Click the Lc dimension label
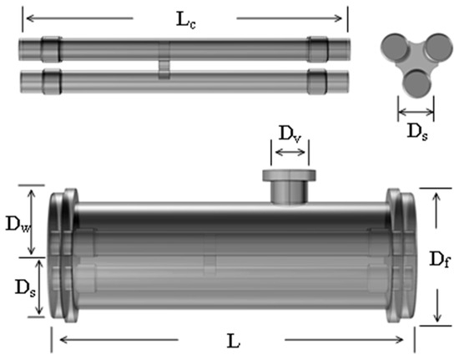pyautogui.click(x=185, y=20)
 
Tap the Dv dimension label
pyautogui.click(x=290, y=134)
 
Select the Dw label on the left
pyautogui.click(x=18, y=225)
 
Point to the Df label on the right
pyautogui.click(x=439, y=259)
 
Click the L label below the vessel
pyautogui.click(x=234, y=341)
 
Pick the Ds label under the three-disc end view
pyautogui.click(x=417, y=132)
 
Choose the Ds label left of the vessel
pyautogui.click(x=25, y=287)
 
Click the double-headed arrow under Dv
pyautogui.click(x=290, y=152)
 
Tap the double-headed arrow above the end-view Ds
pyautogui.click(x=416, y=112)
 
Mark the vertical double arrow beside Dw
pyautogui.click(x=32, y=221)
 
